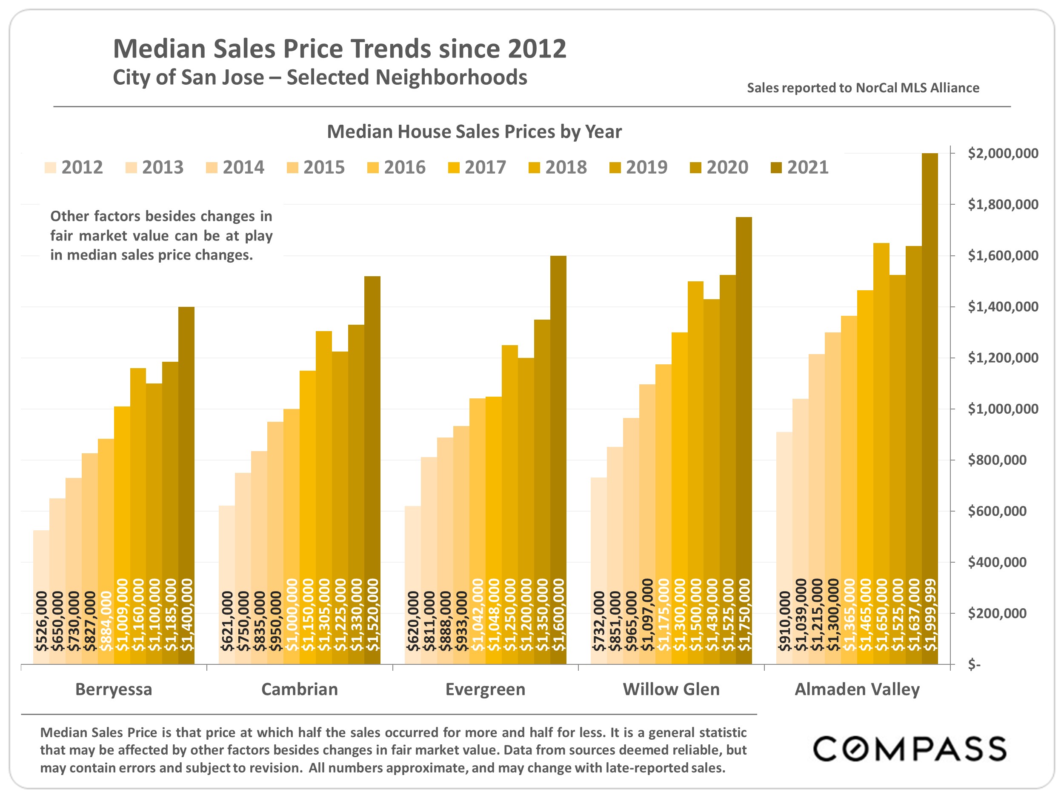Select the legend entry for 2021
(801, 167)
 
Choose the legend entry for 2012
(74, 167)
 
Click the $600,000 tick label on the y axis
(997, 511)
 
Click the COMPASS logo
(910, 749)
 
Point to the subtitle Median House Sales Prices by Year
(474, 132)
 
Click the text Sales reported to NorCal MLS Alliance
(863, 88)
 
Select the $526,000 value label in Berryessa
(42, 621)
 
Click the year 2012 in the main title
(537, 49)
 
